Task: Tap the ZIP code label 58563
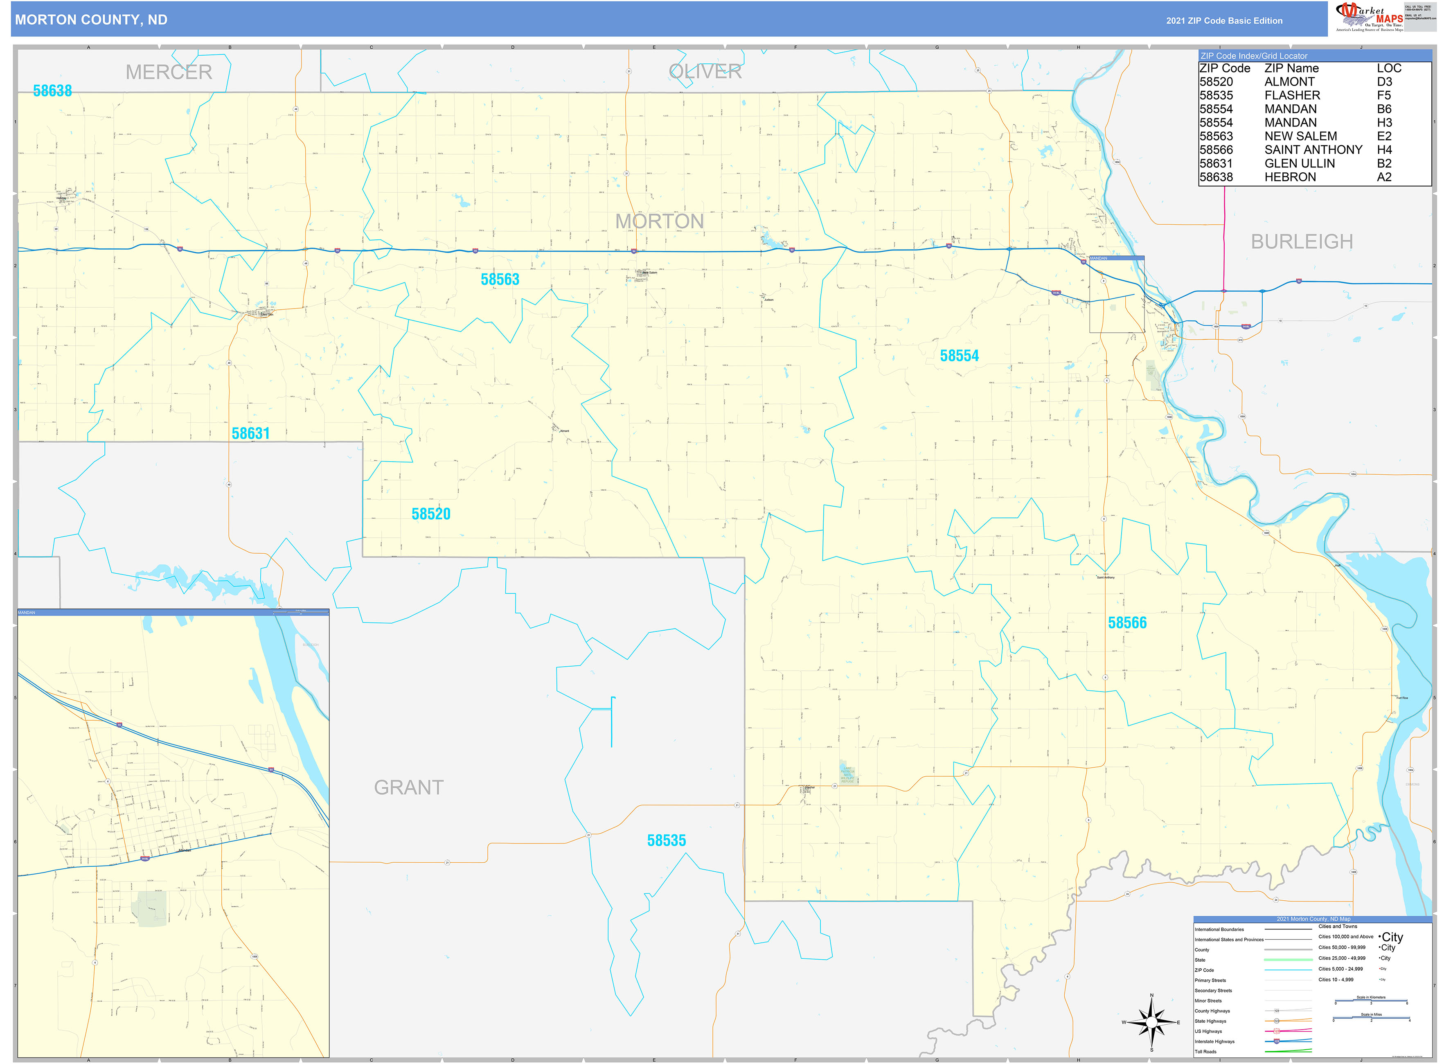click(499, 280)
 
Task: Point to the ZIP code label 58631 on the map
click(250, 433)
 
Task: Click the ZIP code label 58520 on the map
click(431, 514)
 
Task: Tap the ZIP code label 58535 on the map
click(666, 841)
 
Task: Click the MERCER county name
click(169, 72)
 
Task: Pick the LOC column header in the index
click(1389, 68)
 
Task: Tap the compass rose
click(1151, 1022)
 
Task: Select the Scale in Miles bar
click(1371, 1019)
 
